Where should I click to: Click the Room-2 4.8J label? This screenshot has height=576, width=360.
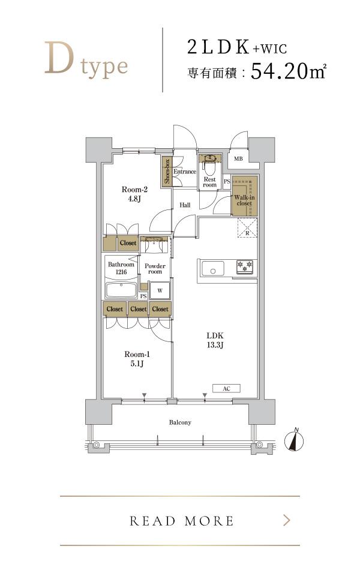point(134,194)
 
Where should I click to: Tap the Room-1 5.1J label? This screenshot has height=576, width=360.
point(137,359)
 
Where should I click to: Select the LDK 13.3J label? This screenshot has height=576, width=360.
point(215,340)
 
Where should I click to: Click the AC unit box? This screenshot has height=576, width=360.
point(226,388)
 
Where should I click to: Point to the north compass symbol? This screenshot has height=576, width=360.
point(294,440)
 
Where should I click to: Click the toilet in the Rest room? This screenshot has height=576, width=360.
point(210,166)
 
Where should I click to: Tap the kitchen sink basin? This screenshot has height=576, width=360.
point(212,268)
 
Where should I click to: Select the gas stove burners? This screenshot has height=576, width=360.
point(245,266)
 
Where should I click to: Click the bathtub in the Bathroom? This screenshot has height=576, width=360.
point(121,290)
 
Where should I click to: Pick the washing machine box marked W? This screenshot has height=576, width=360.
point(160,290)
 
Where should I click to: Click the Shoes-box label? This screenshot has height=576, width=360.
point(167,171)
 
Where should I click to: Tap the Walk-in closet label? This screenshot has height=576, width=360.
point(244,200)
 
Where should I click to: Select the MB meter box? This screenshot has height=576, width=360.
point(238,158)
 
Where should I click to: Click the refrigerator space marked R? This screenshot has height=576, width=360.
point(247,228)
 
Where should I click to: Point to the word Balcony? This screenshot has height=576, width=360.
point(180,422)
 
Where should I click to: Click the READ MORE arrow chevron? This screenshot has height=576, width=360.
point(287,520)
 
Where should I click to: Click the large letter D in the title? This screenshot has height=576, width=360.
point(59,58)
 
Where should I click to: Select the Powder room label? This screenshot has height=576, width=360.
point(155,269)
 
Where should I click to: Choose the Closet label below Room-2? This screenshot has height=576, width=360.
point(128,243)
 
